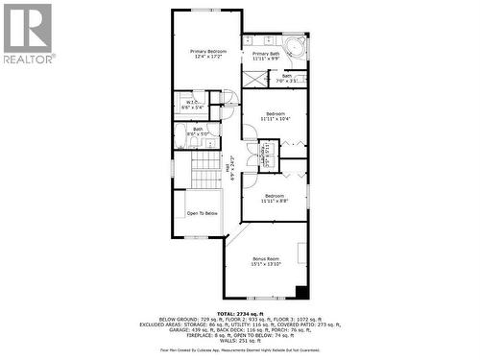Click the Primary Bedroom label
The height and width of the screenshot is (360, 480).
(207, 54)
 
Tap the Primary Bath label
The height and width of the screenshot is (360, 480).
(266, 56)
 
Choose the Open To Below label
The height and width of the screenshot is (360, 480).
(202, 213)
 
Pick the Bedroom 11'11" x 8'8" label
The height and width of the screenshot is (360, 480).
(278, 199)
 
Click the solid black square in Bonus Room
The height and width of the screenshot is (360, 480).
(301, 293)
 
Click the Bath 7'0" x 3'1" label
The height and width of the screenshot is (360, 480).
(287, 78)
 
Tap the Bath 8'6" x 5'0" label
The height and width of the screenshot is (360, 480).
(197, 131)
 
